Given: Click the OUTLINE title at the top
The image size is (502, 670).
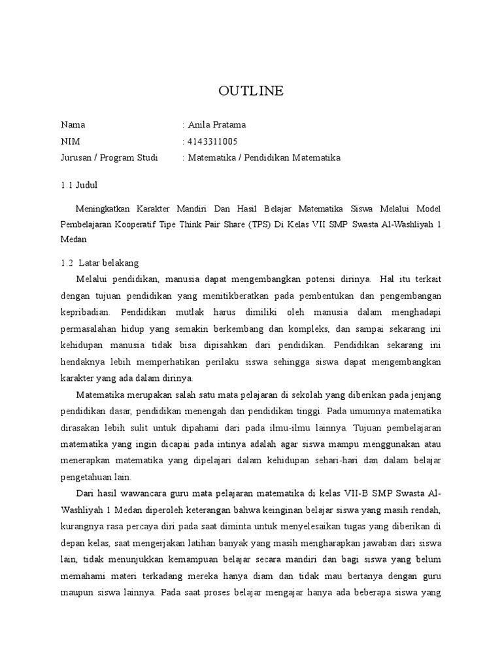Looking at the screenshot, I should point(251,91).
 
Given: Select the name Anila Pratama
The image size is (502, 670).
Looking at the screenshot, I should point(217,124).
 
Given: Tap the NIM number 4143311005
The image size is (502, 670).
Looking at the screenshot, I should point(212,141).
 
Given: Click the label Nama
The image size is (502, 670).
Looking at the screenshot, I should point(73,124).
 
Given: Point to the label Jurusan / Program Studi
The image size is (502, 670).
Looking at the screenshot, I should point(109,158).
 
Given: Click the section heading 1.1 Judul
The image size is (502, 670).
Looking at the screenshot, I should point(79,185).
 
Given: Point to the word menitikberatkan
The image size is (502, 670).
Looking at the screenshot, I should point(233,294).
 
